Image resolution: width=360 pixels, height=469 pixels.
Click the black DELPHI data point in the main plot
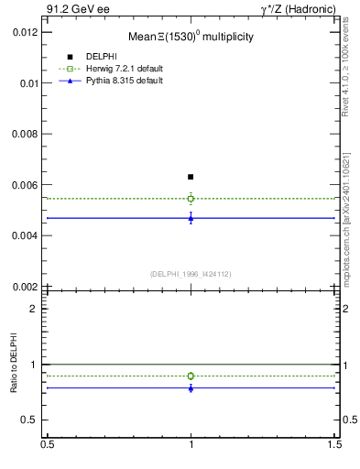tap(191, 177)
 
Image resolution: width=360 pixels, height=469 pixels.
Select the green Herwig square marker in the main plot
tap(191, 198)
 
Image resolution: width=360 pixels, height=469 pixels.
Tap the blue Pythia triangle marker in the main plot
tap(191, 218)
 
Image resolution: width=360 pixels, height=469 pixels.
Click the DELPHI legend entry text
tap(101, 57)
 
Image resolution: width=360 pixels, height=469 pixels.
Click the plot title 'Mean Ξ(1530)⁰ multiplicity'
tap(191, 38)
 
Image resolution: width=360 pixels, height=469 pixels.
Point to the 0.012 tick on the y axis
tap(23, 32)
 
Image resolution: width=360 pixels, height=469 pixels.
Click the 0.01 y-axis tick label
tap(27, 82)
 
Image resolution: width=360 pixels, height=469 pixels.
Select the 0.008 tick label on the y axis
tap(23, 134)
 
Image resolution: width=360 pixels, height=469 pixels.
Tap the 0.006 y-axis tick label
tap(23, 185)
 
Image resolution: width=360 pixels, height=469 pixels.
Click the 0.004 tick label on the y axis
tap(23, 235)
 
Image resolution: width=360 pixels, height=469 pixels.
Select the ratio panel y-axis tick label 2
tap(33, 309)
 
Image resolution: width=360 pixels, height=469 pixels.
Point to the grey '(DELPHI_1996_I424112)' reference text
tap(191, 273)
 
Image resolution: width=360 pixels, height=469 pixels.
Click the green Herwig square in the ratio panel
tap(191, 376)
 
